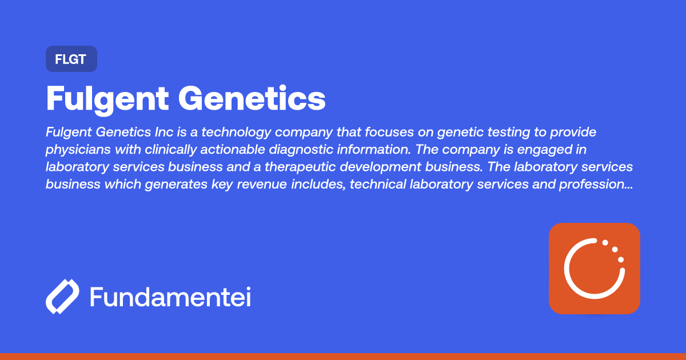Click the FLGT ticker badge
71,59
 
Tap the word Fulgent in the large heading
107,99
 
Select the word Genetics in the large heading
252,99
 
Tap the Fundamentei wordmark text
170,297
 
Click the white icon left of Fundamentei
62,297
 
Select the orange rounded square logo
594,269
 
